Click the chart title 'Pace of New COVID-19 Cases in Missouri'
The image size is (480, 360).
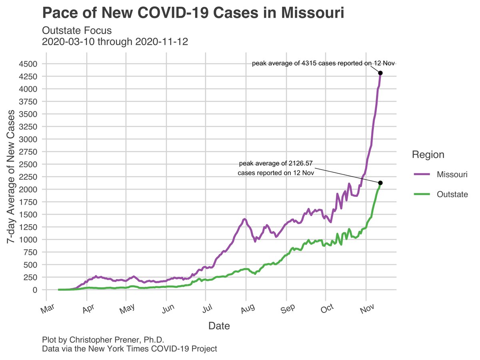(193, 13)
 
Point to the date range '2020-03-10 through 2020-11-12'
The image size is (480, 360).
(115, 42)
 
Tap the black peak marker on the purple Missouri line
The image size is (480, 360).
(380, 73)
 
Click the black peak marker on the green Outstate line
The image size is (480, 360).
(380, 183)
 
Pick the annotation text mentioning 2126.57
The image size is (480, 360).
(275, 168)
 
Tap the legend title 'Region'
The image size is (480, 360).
(428, 155)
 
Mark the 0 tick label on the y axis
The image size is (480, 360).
(34, 290)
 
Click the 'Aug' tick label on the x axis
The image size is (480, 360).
(247, 308)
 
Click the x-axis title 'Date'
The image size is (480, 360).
(219, 326)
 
